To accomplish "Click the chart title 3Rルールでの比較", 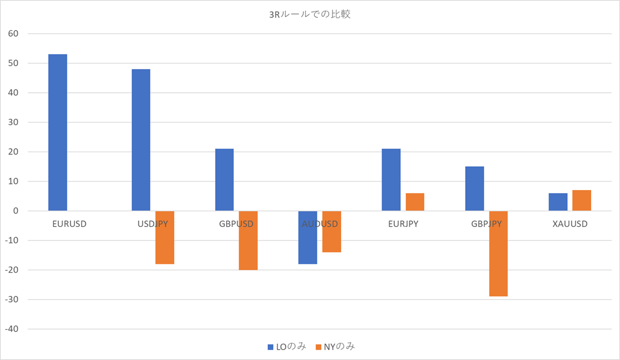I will tap(310, 15).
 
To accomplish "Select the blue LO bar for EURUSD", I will tap(58, 132).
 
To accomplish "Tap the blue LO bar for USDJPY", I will tap(141, 140).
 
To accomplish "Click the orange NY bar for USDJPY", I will tap(165, 237).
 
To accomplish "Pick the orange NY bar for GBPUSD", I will tap(248, 241).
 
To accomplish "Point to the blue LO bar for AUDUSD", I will tap(308, 237).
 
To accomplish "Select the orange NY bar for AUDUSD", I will tap(331, 231).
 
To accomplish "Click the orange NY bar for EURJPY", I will tap(415, 202).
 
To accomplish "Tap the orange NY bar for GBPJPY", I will tap(498, 254).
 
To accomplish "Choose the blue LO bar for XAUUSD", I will tap(558, 202).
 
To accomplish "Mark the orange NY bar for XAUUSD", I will tap(581, 200).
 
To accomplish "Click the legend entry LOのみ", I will tap(286, 346).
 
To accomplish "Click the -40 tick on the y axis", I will tap(11, 329).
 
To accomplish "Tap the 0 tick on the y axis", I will tap(16, 211).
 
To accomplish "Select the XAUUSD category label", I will tap(569, 224).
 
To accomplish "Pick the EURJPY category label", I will tap(403, 224).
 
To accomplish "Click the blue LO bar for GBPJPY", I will tap(474, 188).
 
